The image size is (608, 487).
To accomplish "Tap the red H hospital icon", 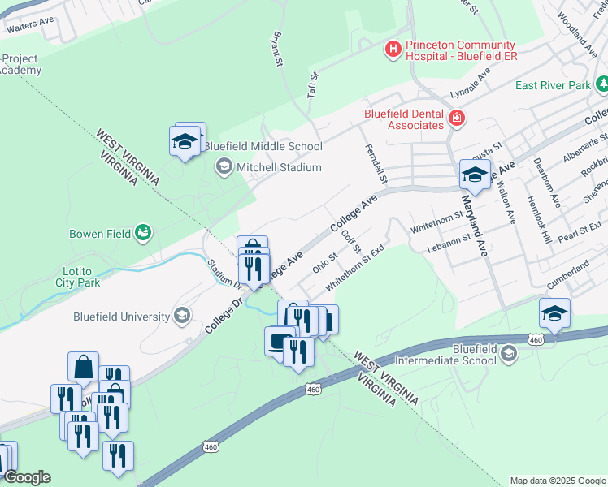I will click(393, 50).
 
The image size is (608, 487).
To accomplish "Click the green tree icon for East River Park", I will click(602, 84).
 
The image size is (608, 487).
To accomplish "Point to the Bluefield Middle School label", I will click(263, 147).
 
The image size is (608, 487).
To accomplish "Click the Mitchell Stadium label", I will click(279, 167).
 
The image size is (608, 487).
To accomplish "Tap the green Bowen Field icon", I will click(144, 233).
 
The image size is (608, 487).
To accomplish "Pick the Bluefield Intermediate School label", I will click(451, 354).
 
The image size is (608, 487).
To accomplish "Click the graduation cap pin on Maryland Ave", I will click(476, 174).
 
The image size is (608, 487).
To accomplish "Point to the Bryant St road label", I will click(277, 50).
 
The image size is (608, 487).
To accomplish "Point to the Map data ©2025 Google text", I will click(558, 481).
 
